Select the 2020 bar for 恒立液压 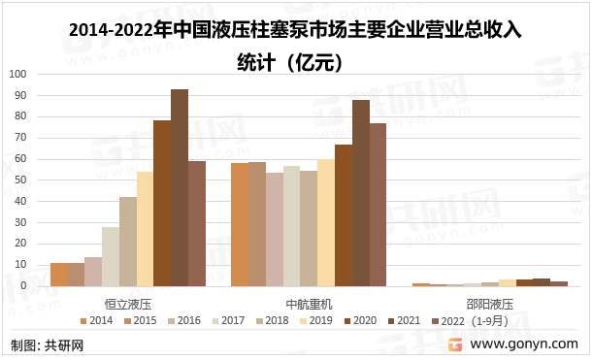coord(162,203)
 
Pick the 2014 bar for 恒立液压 coord(58,275)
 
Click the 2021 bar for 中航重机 coord(361,193)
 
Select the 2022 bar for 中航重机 coord(379,205)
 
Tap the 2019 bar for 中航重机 coord(326,222)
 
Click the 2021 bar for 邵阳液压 coord(542,282)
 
